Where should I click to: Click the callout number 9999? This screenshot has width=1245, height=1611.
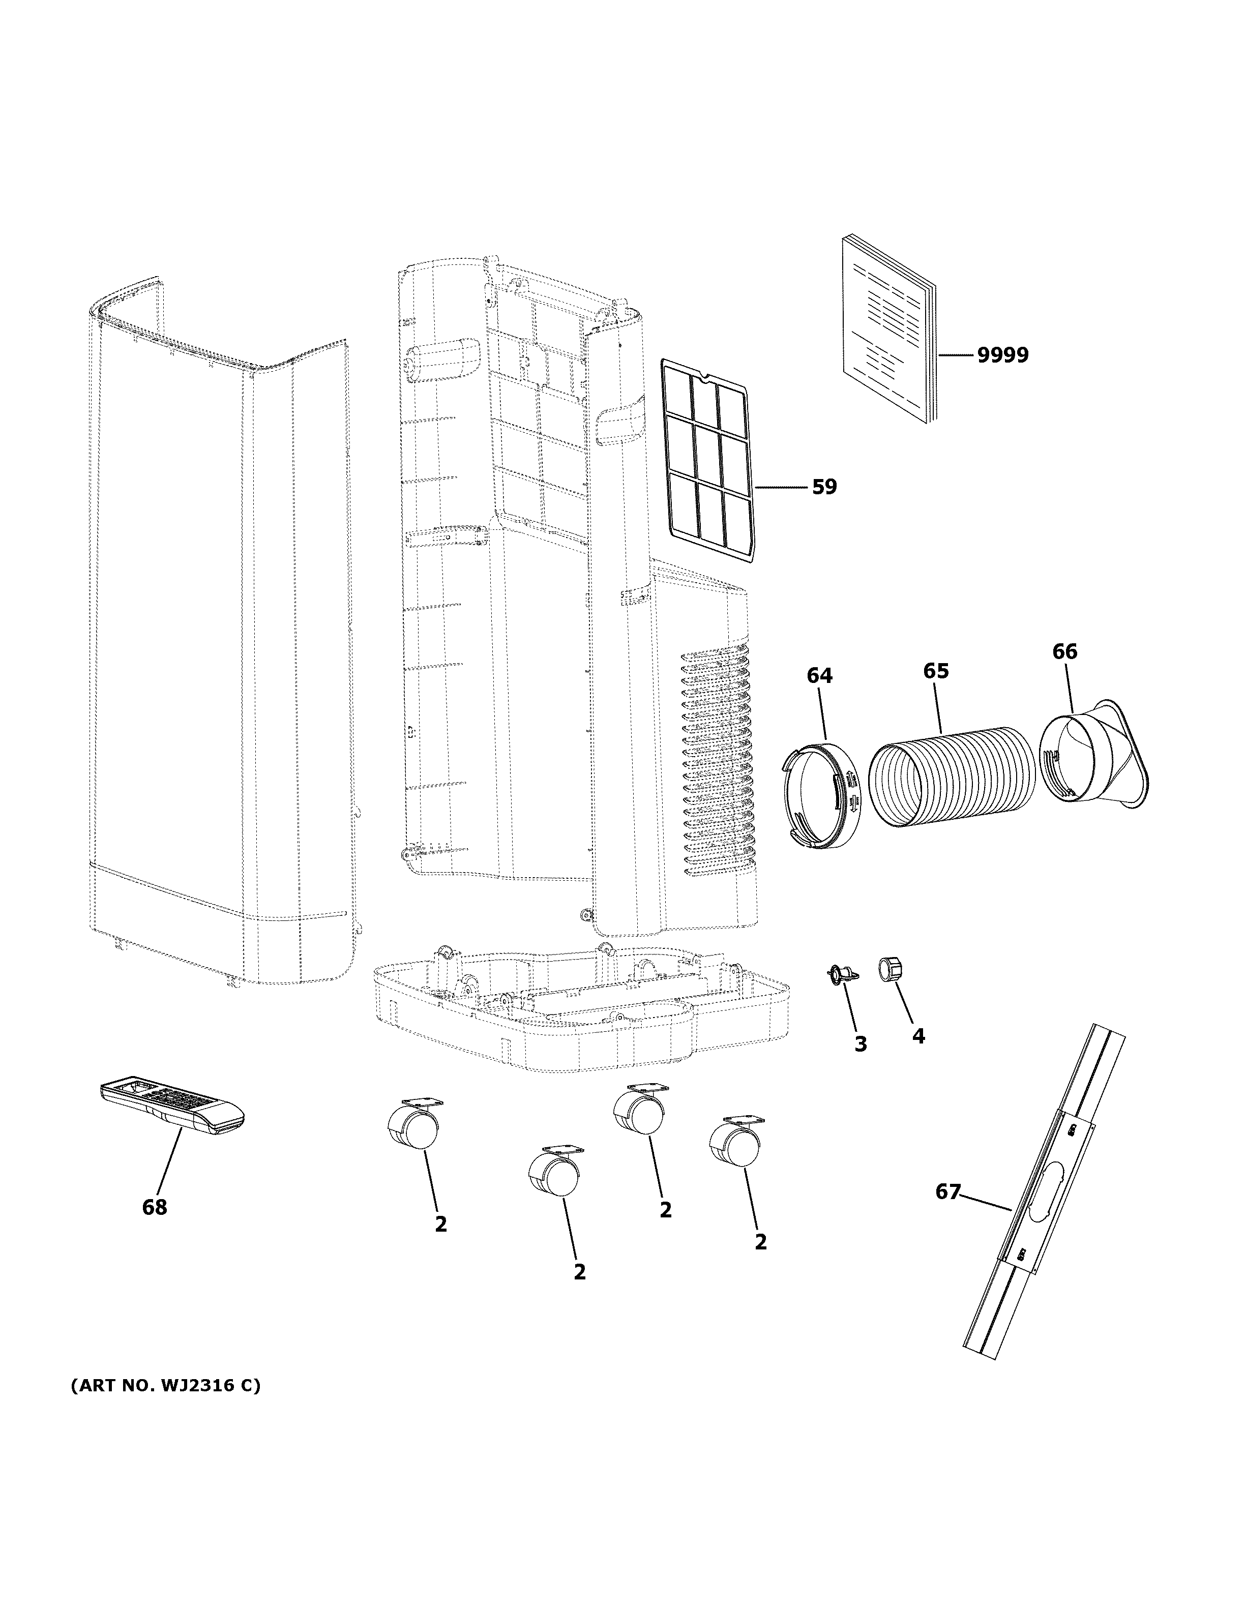coord(1002,355)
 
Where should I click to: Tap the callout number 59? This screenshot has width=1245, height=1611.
coord(824,487)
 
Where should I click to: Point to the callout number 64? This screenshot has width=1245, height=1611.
coord(819,675)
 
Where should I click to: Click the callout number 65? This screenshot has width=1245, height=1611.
coord(936,671)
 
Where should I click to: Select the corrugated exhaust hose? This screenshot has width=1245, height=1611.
coord(952,782)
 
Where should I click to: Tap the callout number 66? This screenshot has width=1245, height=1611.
coord(1064,651)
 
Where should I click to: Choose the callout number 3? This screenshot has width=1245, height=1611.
coord(860,1044)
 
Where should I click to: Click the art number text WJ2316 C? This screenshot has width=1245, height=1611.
coord(165,1386)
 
